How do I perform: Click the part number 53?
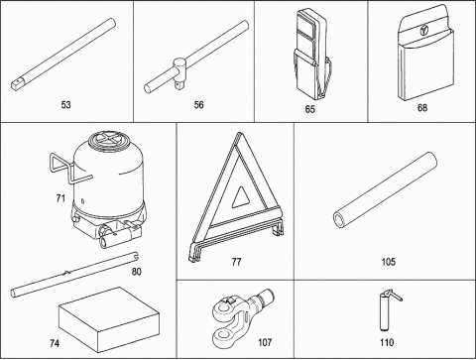[65, 105]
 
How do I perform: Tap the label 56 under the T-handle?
[198, 105]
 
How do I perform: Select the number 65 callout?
[310, 109]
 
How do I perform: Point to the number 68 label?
[422, 108]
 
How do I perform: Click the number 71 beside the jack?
[60, 198]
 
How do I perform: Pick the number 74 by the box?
[55, 343]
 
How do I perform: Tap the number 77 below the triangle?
[236, 262]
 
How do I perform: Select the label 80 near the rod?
[136, 272]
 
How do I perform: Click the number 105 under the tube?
[388, 262]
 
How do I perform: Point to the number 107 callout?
[265, 342]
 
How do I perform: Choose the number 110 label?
[387, 342]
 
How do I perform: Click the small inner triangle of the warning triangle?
[240, 197]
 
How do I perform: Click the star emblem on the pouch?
[423, 31]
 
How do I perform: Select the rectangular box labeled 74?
[109, 319]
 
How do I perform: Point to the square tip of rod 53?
[16, 84]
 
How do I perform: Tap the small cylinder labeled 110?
[384, 311]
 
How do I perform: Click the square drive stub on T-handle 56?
[179, 85]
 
